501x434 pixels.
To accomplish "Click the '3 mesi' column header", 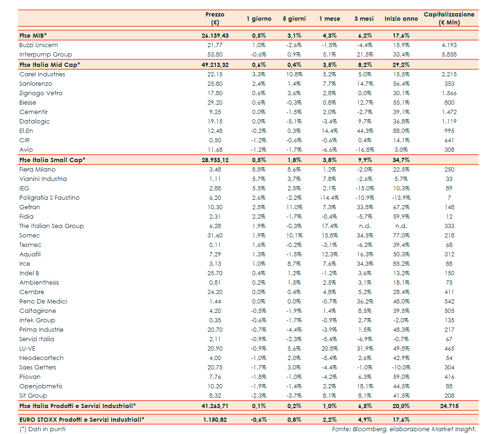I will pos(364,19).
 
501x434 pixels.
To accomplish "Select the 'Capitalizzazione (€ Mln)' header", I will pos(449,18).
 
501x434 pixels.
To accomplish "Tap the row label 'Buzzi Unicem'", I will pos(39,45).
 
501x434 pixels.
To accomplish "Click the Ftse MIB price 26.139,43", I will pos(215,36).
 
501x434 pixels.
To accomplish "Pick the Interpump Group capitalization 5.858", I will pos(449,55).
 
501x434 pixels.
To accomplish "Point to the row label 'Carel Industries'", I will pos(42,74).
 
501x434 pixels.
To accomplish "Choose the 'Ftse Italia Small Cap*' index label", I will pos(52,160).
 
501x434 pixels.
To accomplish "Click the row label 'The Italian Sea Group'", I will pos(51,226).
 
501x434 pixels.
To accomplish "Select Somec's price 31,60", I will pos(215,236).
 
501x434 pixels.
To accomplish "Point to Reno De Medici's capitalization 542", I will pos(449,302).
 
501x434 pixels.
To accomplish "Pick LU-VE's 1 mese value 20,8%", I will pos(329,349).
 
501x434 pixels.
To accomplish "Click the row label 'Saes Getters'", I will pos(38,368).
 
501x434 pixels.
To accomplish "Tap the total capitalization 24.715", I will pos(449,406).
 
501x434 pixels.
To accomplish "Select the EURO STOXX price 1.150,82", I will pos(215,419).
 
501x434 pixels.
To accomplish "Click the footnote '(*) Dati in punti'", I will pos(43,429).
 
